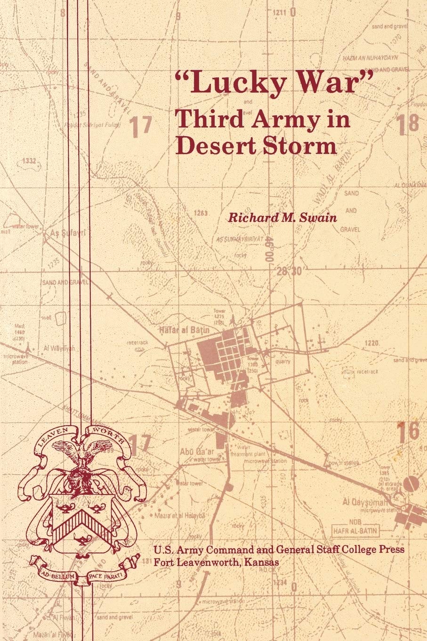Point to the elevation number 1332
coord(29,162)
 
